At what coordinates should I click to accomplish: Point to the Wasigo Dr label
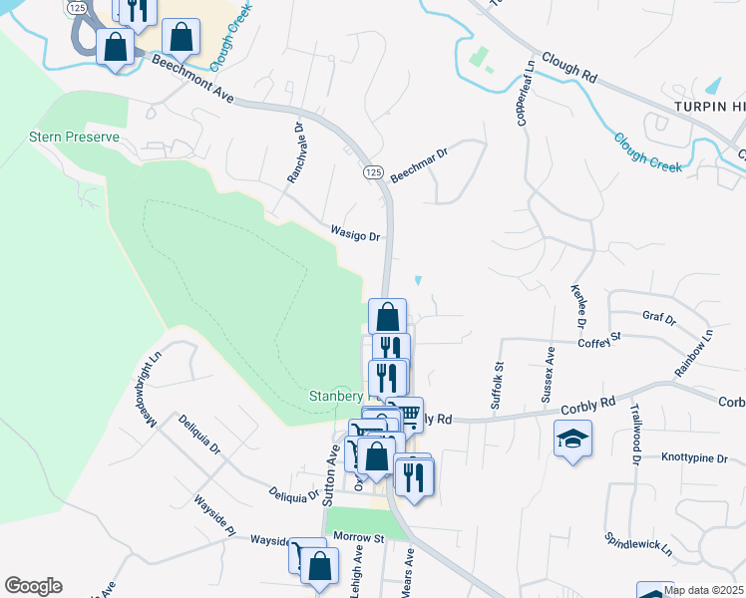coord(357,234)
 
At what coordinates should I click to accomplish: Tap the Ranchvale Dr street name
coord(295,152)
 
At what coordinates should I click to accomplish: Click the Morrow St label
coord(359,537)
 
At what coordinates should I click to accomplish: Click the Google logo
coord(33,586)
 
